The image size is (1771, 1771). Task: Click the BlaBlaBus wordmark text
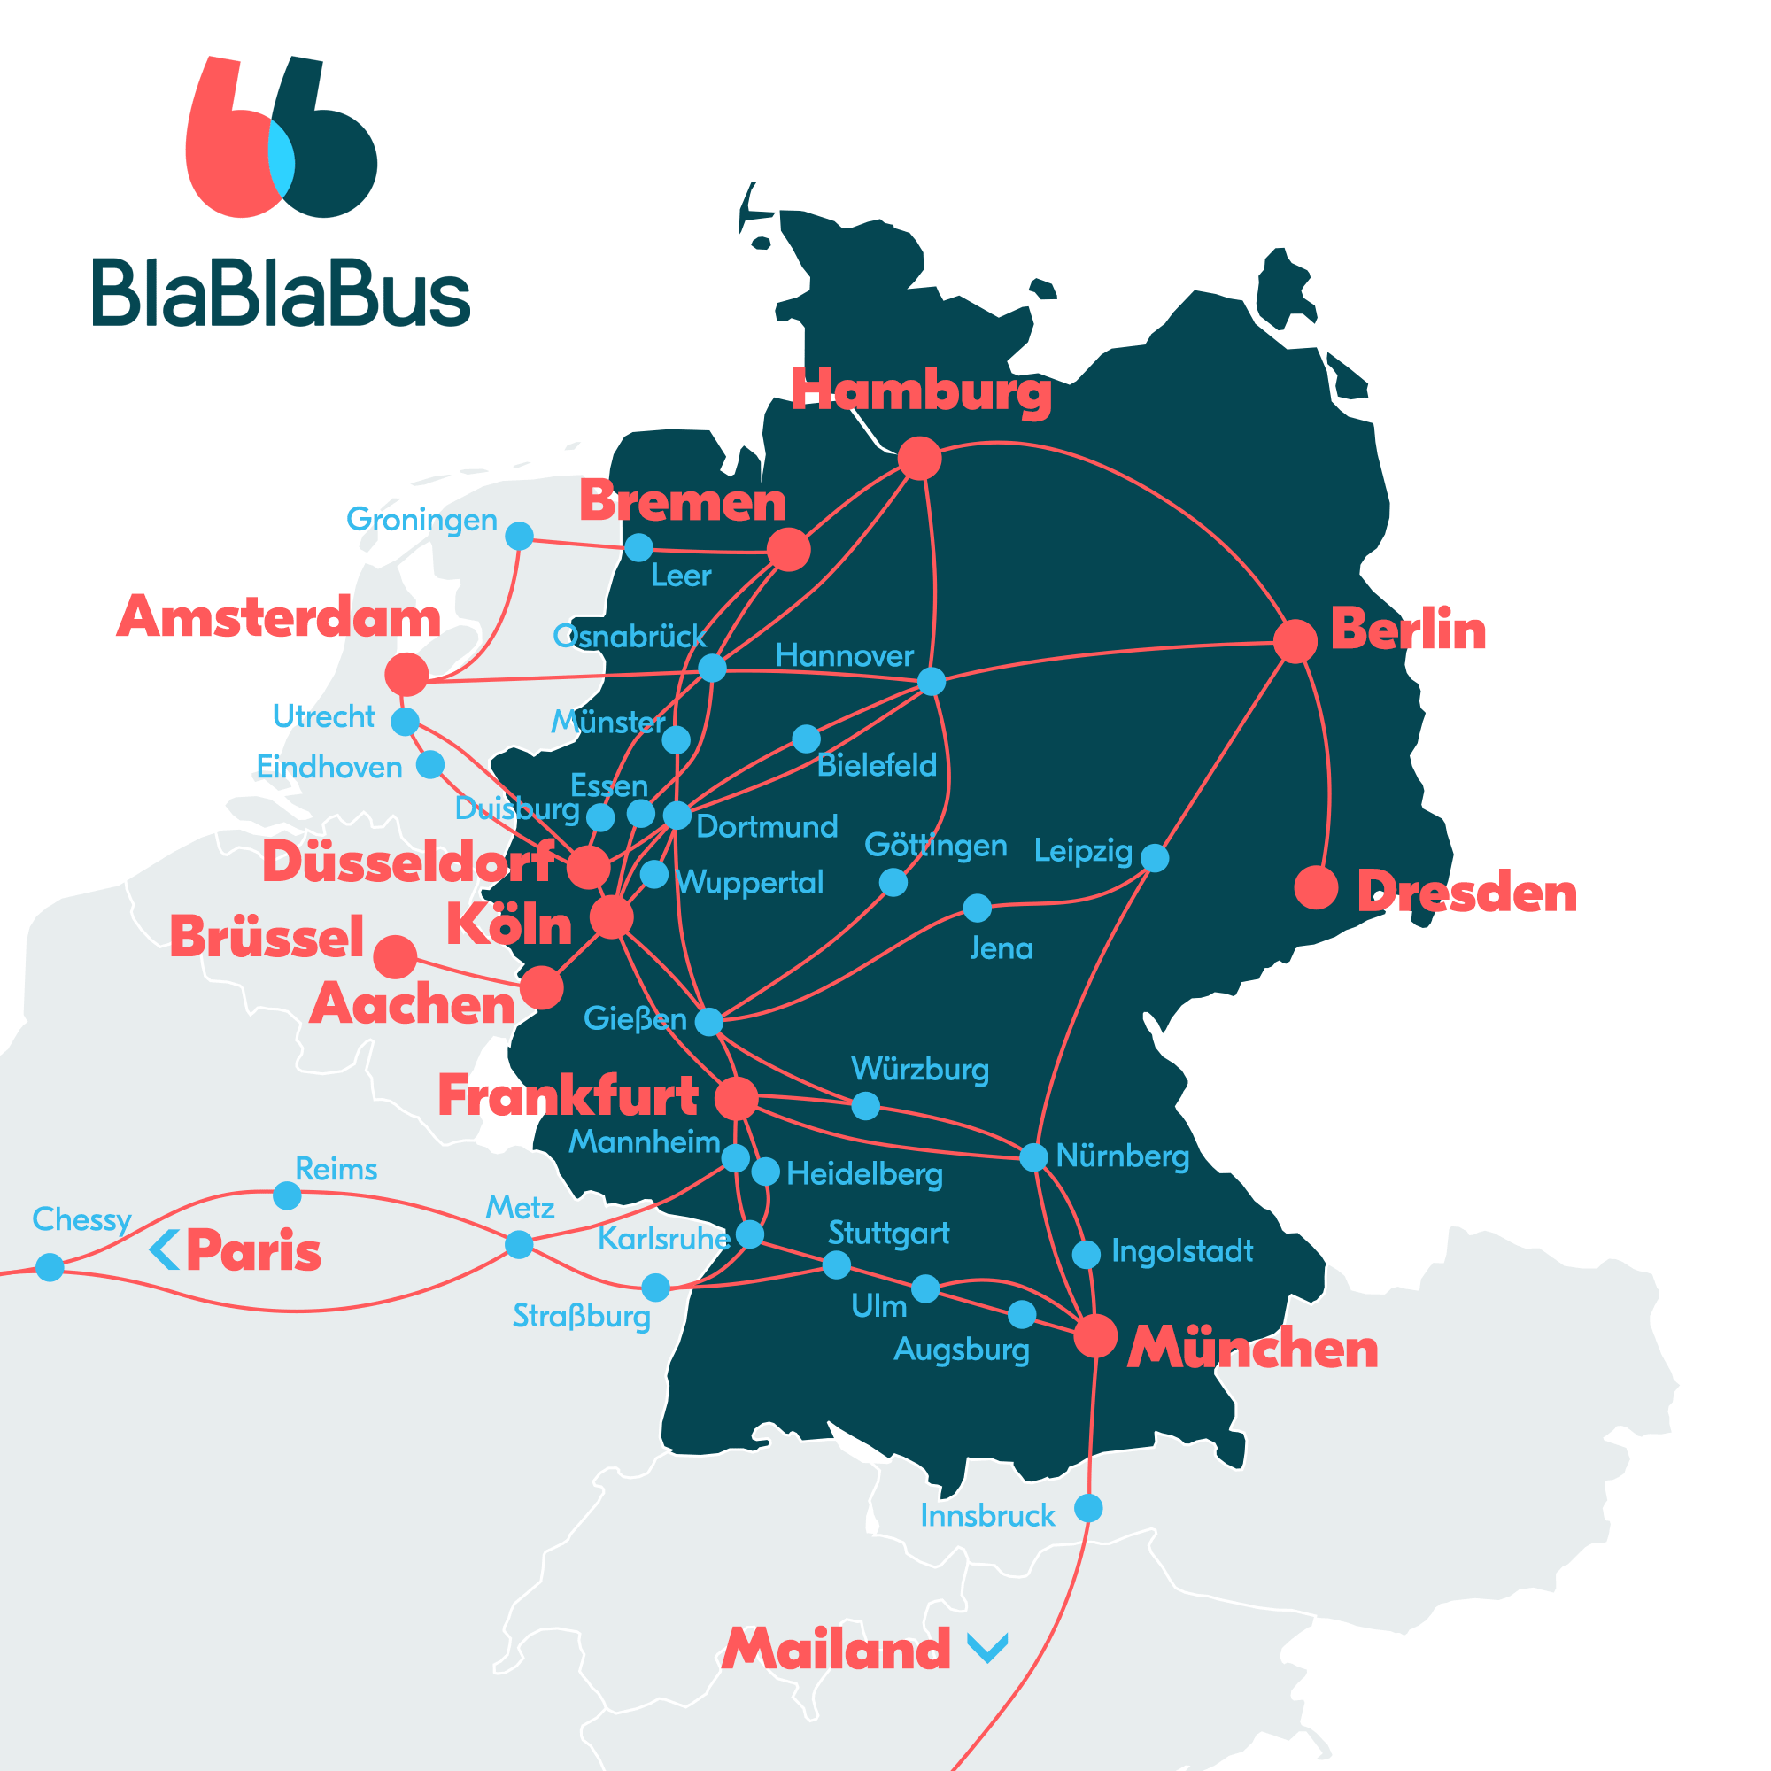coord(281,293)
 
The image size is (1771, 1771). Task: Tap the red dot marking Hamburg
coord(919,458)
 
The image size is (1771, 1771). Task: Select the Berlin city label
coord(1407,630)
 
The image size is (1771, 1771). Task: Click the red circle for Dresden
coord(1316,887)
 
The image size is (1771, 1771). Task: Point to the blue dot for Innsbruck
coord(1088,1508)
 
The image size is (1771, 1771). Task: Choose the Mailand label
coord(836,1649)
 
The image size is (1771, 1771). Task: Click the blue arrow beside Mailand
coord(988,1647)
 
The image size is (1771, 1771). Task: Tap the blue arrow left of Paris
coord(164,1249)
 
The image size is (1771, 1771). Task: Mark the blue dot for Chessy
coord(50,1267)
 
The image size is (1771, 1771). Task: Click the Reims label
coord(336,1169)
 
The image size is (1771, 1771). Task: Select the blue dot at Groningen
coord(519,536)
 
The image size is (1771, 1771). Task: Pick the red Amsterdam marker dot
coord(406,675)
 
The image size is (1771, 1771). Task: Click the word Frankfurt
coord(568,1095)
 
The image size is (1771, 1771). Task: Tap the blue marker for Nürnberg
coord(1033,1156)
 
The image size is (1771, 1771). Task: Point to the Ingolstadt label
coord(1181,1251)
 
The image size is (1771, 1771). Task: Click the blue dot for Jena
coord(978,909)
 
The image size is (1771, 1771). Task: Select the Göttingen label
coord(935,845)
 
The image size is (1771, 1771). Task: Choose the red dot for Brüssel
coord(395,957)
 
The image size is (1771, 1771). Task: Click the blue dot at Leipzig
coord(1154,858)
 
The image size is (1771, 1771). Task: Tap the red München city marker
coord(1094,1335)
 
